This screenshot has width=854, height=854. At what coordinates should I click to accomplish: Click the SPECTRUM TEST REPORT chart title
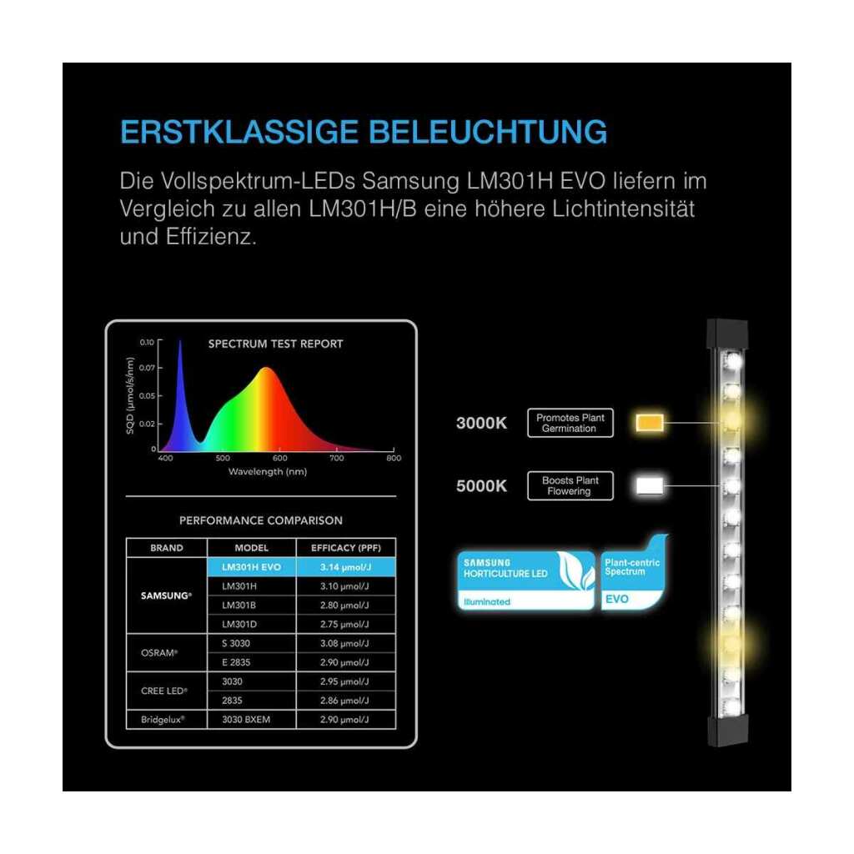[275, 344]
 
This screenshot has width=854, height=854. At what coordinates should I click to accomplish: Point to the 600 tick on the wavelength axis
[280, 458]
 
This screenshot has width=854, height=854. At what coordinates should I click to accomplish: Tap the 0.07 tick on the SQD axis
[147, 368]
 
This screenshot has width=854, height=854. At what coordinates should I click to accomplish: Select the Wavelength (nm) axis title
[268, 472]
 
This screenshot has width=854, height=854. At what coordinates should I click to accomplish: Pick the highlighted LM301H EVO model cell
[252, 567]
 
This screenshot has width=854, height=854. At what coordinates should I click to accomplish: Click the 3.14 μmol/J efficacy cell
[346, 567]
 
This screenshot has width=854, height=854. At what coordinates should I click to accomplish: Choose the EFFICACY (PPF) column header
[346, 548]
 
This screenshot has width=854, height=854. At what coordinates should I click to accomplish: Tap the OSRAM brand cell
[159, 652]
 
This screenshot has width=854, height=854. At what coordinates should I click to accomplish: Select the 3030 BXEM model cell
[246, 720]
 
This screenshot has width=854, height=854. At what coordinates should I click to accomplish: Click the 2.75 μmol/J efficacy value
[344, 624]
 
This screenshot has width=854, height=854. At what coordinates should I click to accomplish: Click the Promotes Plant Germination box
[570, 423]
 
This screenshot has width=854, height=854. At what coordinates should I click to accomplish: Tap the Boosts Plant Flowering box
[570, 485]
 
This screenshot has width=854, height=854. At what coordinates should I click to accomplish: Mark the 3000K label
[481, 423]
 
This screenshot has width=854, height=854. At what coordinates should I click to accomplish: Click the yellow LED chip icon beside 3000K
[650, 423]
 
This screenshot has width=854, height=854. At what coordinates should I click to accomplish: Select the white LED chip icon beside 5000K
[650, 486]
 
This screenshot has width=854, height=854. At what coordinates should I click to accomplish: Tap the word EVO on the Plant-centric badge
[617, 599]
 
